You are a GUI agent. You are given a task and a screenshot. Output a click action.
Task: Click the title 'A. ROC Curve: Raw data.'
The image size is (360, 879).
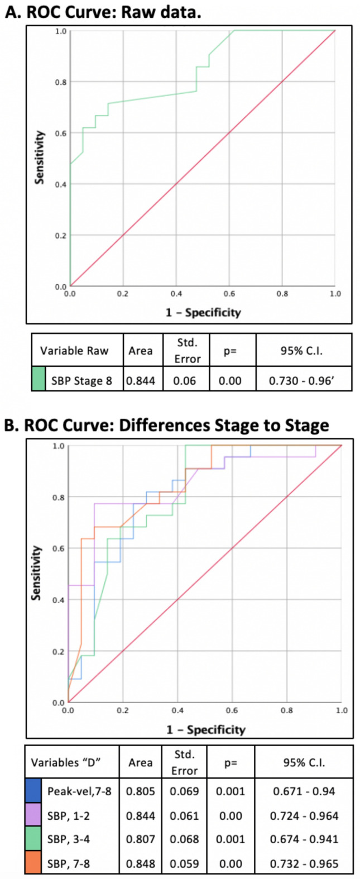103,12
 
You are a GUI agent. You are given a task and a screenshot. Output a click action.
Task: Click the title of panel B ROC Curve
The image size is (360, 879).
166,425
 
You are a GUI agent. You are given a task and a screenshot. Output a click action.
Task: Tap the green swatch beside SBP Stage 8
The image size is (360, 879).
39,379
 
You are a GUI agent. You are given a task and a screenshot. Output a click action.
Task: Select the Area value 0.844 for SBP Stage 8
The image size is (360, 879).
141,381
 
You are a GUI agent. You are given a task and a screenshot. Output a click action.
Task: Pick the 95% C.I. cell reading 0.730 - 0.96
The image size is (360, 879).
304,381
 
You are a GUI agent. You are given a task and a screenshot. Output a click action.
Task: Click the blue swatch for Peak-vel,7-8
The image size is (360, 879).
32,791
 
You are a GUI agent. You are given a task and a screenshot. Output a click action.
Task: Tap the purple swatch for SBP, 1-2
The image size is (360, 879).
32,815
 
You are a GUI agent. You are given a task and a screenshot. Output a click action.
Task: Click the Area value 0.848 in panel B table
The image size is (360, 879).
140,863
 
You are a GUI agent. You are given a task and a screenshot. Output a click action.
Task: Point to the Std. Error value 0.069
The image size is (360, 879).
184,791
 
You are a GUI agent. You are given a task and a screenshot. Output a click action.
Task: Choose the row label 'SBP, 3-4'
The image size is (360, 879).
69,839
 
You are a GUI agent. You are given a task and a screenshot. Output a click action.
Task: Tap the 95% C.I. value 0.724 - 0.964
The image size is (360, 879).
304,815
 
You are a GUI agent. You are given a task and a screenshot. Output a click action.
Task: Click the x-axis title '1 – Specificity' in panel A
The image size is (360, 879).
203,312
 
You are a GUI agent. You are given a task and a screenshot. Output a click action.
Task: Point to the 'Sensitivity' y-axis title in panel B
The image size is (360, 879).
36,572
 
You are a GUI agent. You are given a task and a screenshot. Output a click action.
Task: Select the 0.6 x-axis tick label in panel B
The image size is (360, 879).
232,710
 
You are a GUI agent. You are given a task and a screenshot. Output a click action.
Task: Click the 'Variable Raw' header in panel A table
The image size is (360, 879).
74,351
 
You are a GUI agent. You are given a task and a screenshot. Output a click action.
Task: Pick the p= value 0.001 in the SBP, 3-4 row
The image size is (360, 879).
231,839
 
